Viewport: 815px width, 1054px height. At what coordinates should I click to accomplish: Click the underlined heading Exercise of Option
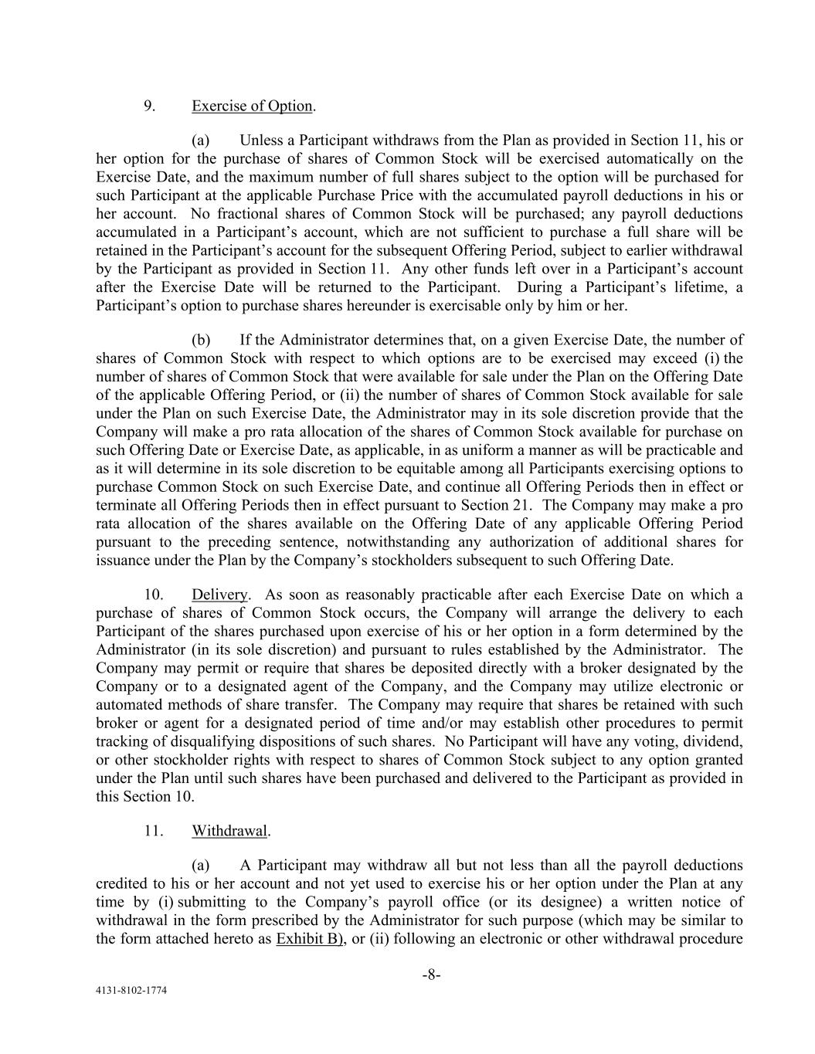(x=252, y=106)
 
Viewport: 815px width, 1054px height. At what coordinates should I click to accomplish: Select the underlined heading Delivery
(x=220, y=595)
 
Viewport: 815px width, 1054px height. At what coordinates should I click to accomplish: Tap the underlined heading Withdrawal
(x=229, y=832)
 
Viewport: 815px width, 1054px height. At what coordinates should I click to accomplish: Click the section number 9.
(x=150, y=106)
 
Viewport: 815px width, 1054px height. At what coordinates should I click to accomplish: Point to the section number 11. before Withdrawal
(x=154, y=832)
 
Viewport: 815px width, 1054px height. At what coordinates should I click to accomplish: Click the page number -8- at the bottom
(x=431, y=975)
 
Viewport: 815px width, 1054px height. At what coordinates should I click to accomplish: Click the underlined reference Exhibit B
(x=307, y=939)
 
